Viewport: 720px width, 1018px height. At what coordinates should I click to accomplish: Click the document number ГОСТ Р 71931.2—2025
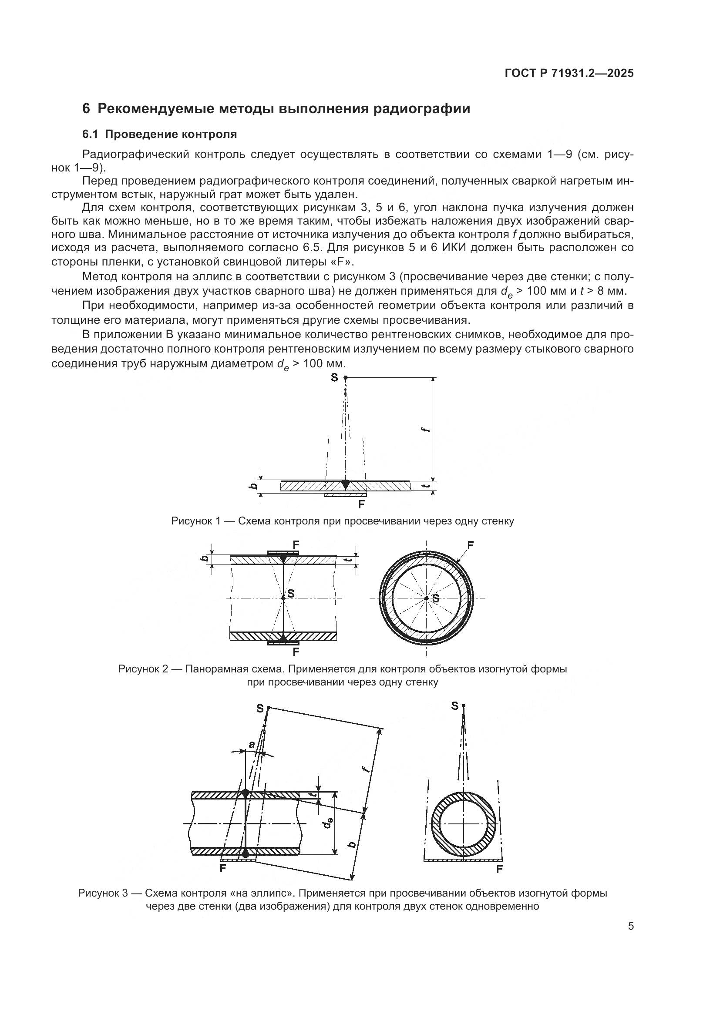click(x=569, y=73)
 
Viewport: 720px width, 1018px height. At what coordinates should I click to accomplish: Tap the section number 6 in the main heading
click(x=86, y=109)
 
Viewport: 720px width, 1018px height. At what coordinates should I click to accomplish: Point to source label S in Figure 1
click(x=334, y=377)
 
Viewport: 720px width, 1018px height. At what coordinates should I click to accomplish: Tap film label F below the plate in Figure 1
click(x=361, y=504)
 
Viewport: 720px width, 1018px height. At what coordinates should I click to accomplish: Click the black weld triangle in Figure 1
click(x=345, y=484)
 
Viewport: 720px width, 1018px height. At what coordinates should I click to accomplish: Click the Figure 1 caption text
click(x=342, y=521)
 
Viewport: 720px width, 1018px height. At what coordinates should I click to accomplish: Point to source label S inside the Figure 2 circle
click(x=435, y=599)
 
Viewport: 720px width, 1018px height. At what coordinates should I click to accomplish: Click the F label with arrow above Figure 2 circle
click(x=471, y=545)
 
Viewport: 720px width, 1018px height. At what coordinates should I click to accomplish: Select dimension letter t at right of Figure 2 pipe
click(x=350, y=560)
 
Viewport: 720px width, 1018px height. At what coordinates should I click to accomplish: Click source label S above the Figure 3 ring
click(x=454, y=706)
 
